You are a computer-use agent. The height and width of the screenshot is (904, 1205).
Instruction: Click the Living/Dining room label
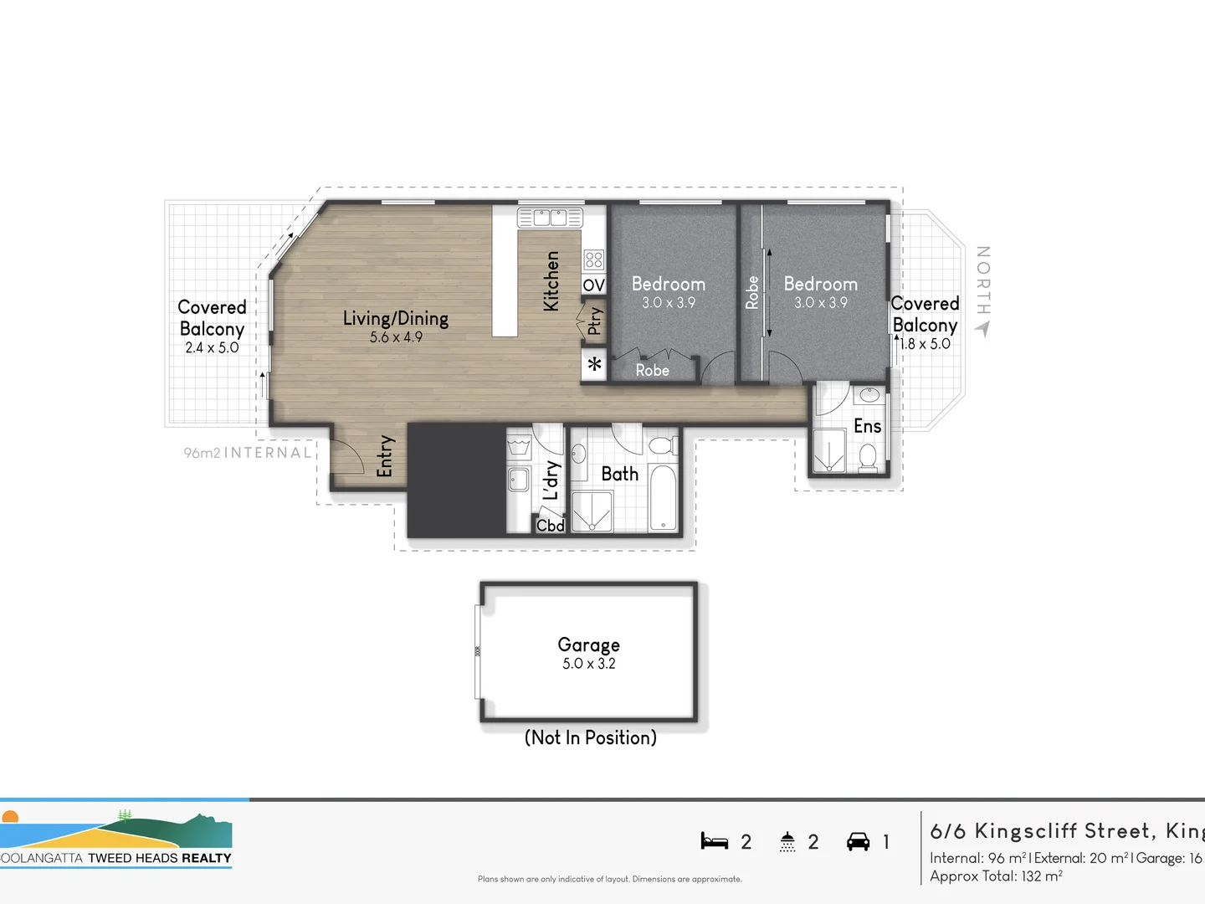pyautogui.click(x=396, y=318)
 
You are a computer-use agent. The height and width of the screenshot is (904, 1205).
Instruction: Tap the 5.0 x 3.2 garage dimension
pyautogui.click(x=588, y=664)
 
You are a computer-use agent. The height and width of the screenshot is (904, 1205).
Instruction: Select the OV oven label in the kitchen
pyautogui.click(x=593, y=285)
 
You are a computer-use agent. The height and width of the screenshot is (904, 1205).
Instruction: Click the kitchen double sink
pyautogui.click(x=550, y=218)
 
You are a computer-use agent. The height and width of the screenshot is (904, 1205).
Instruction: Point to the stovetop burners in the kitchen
pyautogui.click(x=593, y=259)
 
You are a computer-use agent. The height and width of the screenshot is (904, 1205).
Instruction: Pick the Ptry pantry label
pyautogui.click(x=594, y=321)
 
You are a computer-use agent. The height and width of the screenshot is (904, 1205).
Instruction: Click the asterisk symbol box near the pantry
pyautogui.click(x=594, y=365)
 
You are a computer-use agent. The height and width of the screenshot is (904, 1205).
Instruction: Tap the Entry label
pyautogui.click(x=385, y=456)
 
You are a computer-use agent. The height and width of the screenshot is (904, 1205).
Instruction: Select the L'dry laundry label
pyautogui.click(x=551, y=480)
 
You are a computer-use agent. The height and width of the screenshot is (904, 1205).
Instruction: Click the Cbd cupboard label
pyautogui.click(x=550, y=526)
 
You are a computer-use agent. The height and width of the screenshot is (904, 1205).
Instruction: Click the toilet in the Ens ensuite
pyautogui.click(x=868, y=457)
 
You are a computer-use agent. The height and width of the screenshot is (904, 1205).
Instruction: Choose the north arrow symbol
pyautogui.click(x=982, y=329)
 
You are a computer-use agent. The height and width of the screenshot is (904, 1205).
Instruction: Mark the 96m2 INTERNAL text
pyautogui.click(x=248, y=453)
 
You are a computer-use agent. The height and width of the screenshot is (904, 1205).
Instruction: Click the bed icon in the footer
pyautogui.click(x=714, y=841)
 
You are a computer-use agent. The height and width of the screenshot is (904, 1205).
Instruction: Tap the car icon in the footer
pyautogui.click(x=858, y=841)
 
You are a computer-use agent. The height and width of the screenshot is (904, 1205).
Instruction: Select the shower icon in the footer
pyautogui.click(x=787, y=841)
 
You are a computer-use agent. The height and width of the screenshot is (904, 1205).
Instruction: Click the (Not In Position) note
pyautogui.click(x=590, y=737)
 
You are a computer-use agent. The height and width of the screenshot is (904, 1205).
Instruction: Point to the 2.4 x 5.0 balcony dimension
pyautogui.click(x=212, y=347)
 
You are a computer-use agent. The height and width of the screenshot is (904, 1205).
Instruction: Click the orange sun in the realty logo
pyautogui.click(x=10, y=817)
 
